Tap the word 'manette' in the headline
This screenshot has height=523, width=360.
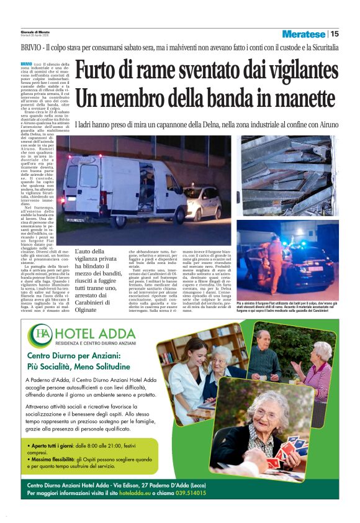coord(297,98)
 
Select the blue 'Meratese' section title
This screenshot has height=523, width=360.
coord(304,34)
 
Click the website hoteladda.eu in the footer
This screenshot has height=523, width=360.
coord(138,493)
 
